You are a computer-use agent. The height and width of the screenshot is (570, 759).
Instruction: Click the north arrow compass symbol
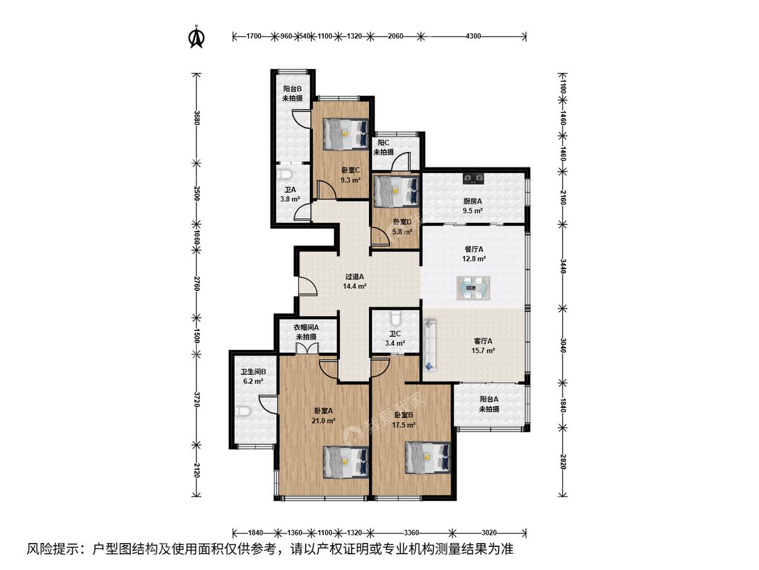point(196,37)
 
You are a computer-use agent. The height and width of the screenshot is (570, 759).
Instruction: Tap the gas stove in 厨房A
point(474,178)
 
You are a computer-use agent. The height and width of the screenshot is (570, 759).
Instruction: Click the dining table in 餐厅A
point(474,288)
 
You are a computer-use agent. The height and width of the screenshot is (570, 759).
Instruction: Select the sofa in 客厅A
point(430,344)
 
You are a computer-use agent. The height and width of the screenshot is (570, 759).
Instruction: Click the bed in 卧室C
point(345,134)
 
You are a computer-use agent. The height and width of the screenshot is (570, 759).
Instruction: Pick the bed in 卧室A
point(345,462)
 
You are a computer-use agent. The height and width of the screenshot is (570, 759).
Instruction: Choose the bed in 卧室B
point(428,457)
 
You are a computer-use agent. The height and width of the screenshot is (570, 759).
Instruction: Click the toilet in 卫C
point(395,317)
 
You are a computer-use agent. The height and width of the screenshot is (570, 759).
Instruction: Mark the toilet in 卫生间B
point(243,411)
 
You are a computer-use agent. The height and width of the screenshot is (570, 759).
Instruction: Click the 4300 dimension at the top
point(473,36)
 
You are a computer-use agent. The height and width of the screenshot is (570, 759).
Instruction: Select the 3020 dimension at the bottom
point(489,533)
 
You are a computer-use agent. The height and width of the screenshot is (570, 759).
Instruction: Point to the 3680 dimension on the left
point(196,118)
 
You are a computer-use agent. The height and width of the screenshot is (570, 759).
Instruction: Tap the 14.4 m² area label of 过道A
point(354,286)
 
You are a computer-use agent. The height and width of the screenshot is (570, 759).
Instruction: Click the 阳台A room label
point(489,399)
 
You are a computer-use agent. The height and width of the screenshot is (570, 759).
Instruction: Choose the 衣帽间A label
point(306,327)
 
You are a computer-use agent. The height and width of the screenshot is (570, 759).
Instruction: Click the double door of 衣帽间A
point(306,349)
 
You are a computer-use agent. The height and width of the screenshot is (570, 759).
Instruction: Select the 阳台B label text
point(292,88)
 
